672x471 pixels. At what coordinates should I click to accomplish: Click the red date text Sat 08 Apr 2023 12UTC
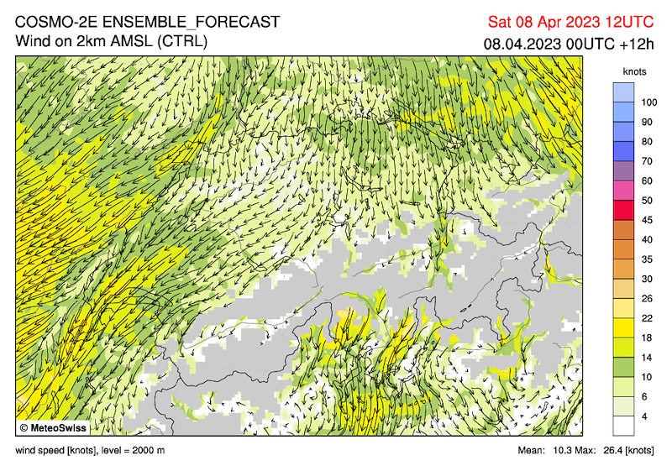(570, 22)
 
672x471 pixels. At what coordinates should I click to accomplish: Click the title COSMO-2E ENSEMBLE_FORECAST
(148, 22)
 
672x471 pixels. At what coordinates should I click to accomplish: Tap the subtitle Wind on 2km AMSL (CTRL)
(111, 41)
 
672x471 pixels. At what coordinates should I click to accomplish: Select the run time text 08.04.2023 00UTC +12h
(568, 42)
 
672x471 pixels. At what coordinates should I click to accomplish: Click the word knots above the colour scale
(633, 71)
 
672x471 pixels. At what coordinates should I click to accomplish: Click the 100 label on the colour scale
(648, 102)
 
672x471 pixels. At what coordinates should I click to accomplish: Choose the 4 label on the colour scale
(643, 416)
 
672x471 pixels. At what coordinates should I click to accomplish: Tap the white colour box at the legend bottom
(622, 426)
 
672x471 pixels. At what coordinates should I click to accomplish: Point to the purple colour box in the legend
(622, 170)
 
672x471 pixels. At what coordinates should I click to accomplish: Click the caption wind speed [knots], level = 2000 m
(90, 451)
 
